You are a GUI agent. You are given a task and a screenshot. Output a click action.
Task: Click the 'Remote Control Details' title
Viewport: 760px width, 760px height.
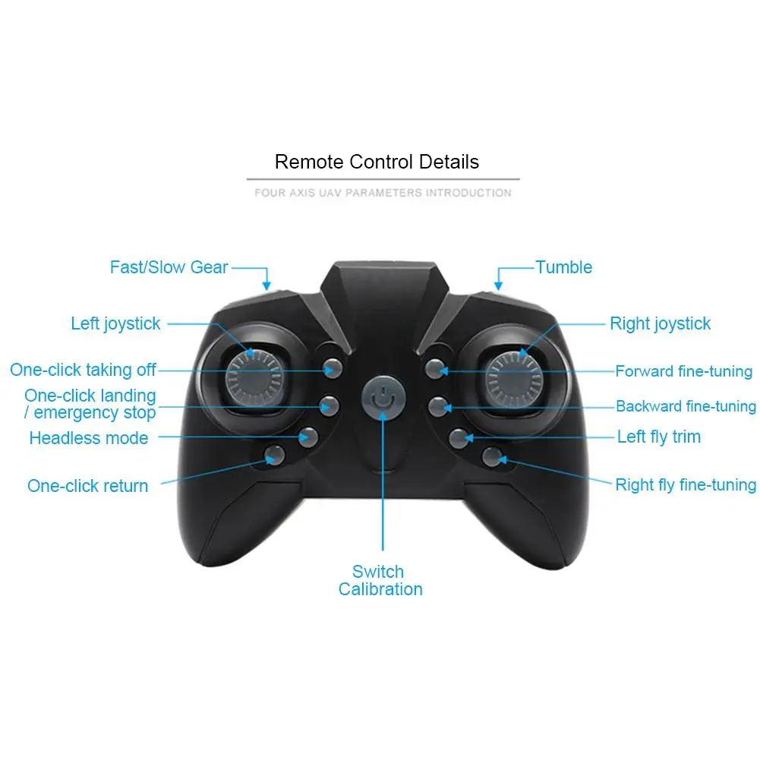[377, 162]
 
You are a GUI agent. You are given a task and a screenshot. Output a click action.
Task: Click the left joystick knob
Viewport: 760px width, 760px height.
[254, 375]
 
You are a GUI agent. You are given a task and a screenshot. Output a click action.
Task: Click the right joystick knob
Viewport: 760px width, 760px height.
[514, 375]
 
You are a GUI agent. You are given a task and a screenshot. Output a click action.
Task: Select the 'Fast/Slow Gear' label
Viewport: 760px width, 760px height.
[169, 267]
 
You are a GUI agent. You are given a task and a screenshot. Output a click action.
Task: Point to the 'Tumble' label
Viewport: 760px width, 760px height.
[563, 267]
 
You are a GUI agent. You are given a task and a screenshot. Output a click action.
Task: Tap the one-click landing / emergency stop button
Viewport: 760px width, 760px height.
[328, 405]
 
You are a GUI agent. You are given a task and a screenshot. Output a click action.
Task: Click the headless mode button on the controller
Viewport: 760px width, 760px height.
[307, 437]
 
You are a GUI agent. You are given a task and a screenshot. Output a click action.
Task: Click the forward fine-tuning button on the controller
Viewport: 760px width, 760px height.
[434, 370]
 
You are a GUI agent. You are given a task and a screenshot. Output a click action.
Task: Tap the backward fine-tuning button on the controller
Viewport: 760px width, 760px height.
[436, 405]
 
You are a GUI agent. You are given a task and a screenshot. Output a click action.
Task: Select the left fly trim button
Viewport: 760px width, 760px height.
[459, 437]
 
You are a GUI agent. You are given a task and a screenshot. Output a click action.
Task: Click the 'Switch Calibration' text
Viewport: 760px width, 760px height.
[380, 581]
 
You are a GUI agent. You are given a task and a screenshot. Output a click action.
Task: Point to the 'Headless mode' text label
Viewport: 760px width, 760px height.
[89, 438]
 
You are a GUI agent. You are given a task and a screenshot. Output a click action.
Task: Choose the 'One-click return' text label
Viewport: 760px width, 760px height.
[88, 486]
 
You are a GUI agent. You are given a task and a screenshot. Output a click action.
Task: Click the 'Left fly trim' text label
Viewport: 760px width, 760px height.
[658, 437]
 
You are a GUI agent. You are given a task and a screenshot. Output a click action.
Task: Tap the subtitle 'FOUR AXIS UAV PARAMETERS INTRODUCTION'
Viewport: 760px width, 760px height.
[383, 193]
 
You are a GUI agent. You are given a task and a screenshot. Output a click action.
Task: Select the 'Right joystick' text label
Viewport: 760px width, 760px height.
[660, 323]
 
